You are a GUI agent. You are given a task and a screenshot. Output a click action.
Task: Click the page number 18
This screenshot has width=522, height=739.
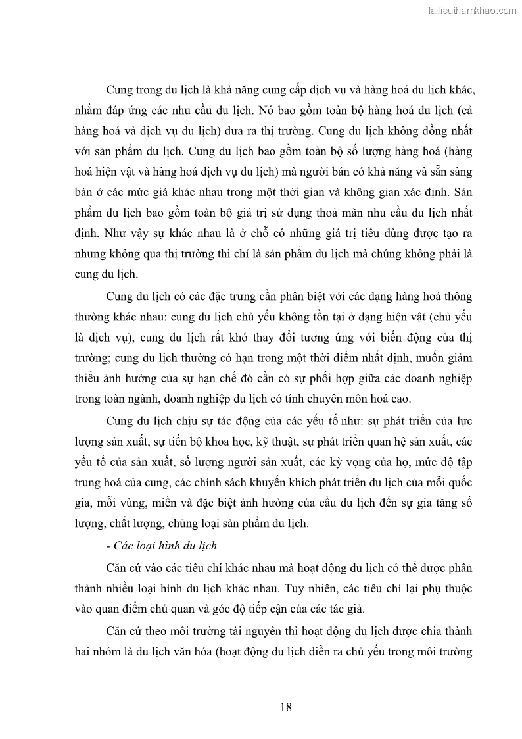(285, 707)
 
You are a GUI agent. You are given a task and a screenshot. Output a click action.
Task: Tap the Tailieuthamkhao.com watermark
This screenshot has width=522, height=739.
(471, 10)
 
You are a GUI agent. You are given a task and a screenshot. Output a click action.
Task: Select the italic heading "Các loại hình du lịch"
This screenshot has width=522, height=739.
(165, 546)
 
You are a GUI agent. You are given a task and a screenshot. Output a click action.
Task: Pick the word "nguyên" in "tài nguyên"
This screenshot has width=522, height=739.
(252, 631)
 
